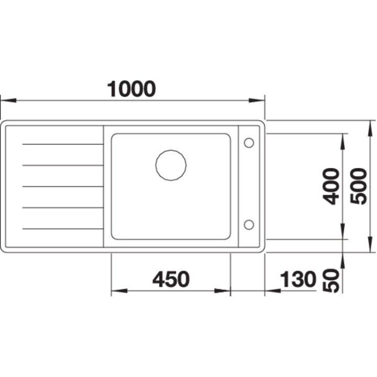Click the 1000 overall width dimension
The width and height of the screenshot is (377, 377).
click(131, 89)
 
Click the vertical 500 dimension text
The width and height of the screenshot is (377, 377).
click(359, 186)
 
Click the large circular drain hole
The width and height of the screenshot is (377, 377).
click(171, 165)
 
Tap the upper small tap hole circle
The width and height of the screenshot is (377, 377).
click(249, 142)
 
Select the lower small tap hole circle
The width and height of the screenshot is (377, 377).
click(249, 225)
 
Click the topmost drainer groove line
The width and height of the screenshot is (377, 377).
click(62, 143)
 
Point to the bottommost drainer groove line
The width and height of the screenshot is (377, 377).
click(62, 229)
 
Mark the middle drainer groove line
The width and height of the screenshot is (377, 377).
click(62, 186)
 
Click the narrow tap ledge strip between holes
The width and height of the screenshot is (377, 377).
click(249, 183)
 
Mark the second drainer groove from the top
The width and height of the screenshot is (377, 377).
click(62, 165)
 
